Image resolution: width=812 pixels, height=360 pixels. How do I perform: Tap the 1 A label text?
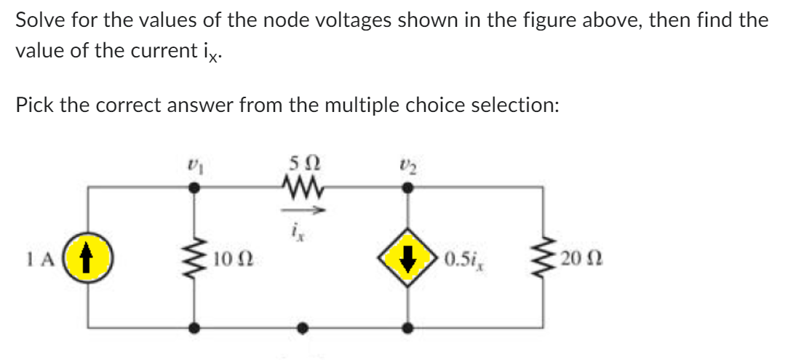point(57,258)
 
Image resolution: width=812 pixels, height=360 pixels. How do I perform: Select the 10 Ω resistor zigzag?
point(194,258)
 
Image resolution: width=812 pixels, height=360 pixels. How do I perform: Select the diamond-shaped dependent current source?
point(410,258)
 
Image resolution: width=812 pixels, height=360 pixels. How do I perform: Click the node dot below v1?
point(194,188)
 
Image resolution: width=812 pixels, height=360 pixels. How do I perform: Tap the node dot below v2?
point(410,188)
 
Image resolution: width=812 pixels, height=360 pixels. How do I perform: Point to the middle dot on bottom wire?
point(300,328)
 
